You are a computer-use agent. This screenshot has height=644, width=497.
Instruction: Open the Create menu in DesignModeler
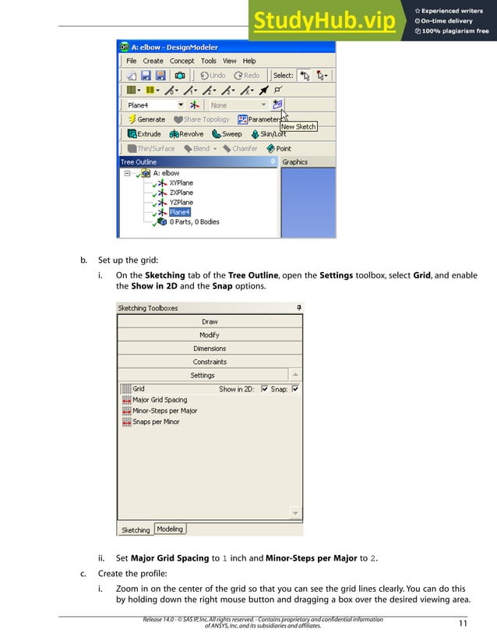point(153,61)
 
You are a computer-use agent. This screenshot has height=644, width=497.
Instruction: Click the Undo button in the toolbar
point(213,76)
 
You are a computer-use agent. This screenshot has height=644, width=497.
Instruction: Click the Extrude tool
point(144,134)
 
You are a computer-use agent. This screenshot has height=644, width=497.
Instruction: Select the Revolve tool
point(186,134)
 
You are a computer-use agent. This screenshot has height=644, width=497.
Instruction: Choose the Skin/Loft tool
point(267,134)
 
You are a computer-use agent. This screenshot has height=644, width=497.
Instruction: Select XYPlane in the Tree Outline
point(181,183)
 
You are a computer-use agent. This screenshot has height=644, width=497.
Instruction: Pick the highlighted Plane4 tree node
point(179,212)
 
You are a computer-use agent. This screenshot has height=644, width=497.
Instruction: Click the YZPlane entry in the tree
point(181,203)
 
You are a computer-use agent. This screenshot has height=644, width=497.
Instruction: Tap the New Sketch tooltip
point(298,127)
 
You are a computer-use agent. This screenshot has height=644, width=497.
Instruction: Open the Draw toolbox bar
point(210,321)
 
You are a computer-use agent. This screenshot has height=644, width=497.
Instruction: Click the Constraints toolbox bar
point(210,362)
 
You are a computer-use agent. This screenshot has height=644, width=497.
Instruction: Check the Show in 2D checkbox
point(265,389)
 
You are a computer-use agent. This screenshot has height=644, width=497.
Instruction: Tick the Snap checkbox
point(295,389)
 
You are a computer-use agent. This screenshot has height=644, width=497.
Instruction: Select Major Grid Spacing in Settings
point(160,400)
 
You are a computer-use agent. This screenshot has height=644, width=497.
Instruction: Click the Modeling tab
point(170,529)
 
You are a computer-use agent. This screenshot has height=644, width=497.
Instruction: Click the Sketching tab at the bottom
point(135,530)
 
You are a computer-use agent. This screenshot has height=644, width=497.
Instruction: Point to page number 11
point(462,622)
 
